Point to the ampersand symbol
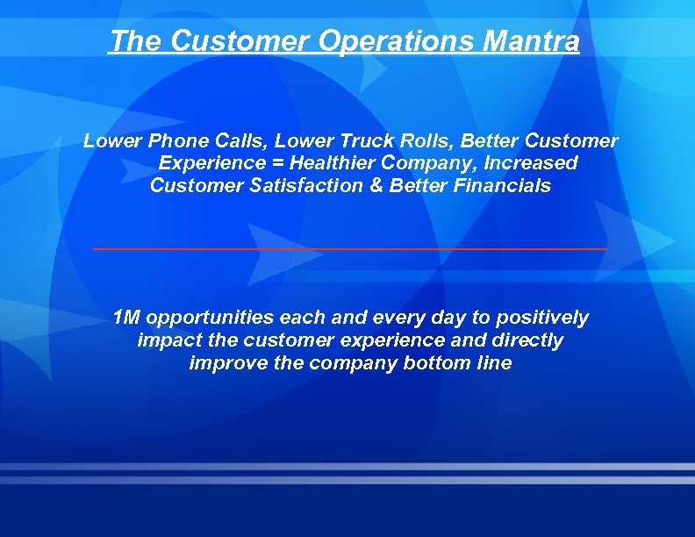pyautogui.click(x=379, y=186)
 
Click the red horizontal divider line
pyautogui.click(x=349, y=249)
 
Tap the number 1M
pyautogui.click(x=127, y=318)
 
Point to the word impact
pyautogui.click(x=166, y=340)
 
